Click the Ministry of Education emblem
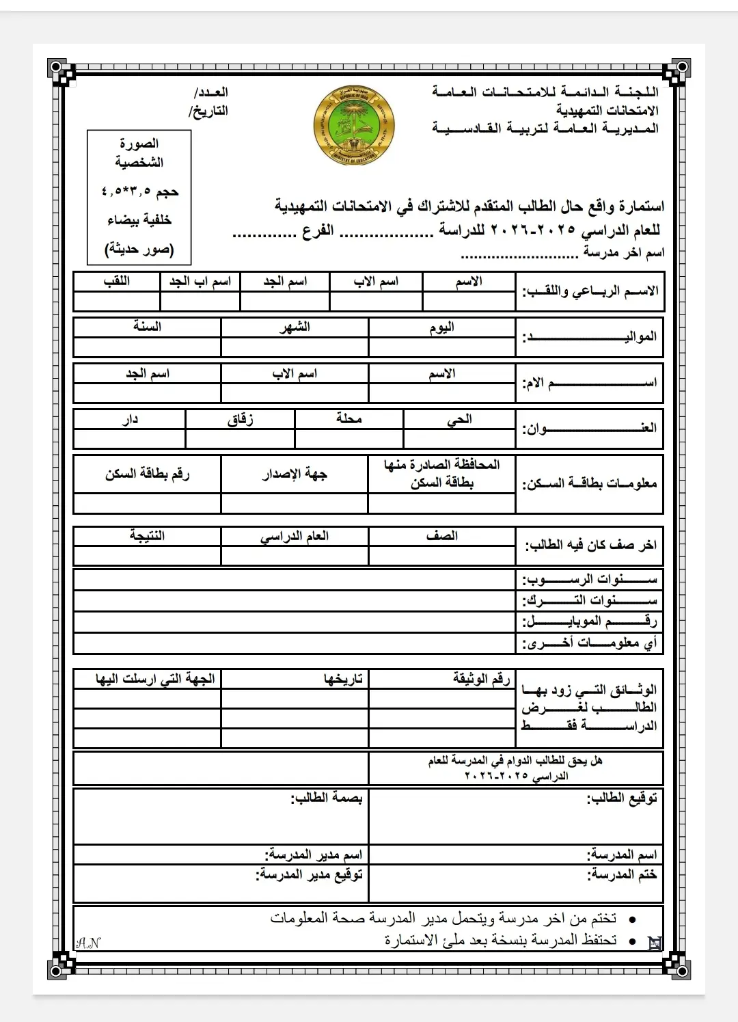tap(354, 126)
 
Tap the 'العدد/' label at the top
tap(211, 92)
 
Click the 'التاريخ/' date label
tap(208, 111)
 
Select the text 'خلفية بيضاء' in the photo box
tap(139, 220)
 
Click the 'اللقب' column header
tap(117, 282)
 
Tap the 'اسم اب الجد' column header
tap(200, 282)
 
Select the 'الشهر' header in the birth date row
tap(295, 327)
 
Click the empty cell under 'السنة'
tap(147, 347)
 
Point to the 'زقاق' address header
tap(241, 419)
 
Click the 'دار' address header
tap(130, 419)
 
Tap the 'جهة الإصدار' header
tap(295, 474)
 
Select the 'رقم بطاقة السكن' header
tap(147, 474)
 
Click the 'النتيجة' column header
tap(147, 536)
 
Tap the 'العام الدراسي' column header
tap(295, 536)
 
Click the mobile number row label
tap(589, 621)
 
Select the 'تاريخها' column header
tap(343, 679)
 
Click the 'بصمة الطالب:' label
tap(327, 798)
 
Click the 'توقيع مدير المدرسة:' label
tap(309, 874)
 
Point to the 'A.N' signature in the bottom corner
tap(88, 943)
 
